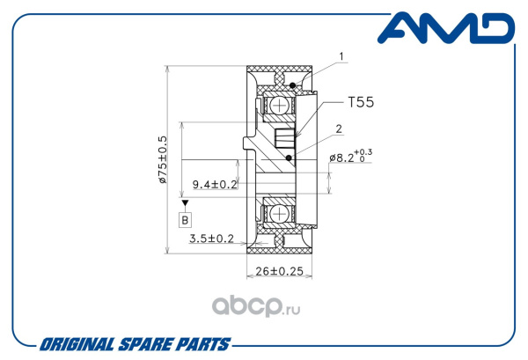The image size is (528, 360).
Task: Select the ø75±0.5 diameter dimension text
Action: coord(163,159)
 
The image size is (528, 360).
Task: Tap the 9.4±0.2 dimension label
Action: coord(215,184)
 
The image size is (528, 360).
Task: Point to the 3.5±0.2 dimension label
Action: coord(211,239)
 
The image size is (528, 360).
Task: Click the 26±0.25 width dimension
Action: coord(280,271)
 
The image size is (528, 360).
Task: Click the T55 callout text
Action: coord(361,102)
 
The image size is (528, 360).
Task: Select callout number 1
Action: coord(341,56)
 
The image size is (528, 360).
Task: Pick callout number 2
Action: coord(339,129)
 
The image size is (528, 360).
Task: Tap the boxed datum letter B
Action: coord(185,220)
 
